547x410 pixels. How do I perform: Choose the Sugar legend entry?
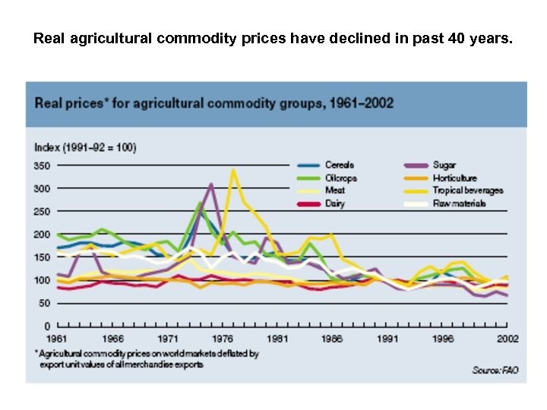click(444, 166)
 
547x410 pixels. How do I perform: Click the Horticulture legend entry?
click(454, 178)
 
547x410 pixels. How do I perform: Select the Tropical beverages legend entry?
click(467, 191)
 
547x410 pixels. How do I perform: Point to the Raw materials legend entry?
click(458, 203)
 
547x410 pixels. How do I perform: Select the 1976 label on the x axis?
click(222, 338)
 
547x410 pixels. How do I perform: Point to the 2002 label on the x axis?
click(507, 338)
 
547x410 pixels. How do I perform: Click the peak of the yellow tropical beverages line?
click(234, 170)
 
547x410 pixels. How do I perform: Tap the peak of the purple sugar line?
click(211, 184)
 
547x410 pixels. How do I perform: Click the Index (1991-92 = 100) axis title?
click(85, 147)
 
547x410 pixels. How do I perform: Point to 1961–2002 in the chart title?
click(358, 102)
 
